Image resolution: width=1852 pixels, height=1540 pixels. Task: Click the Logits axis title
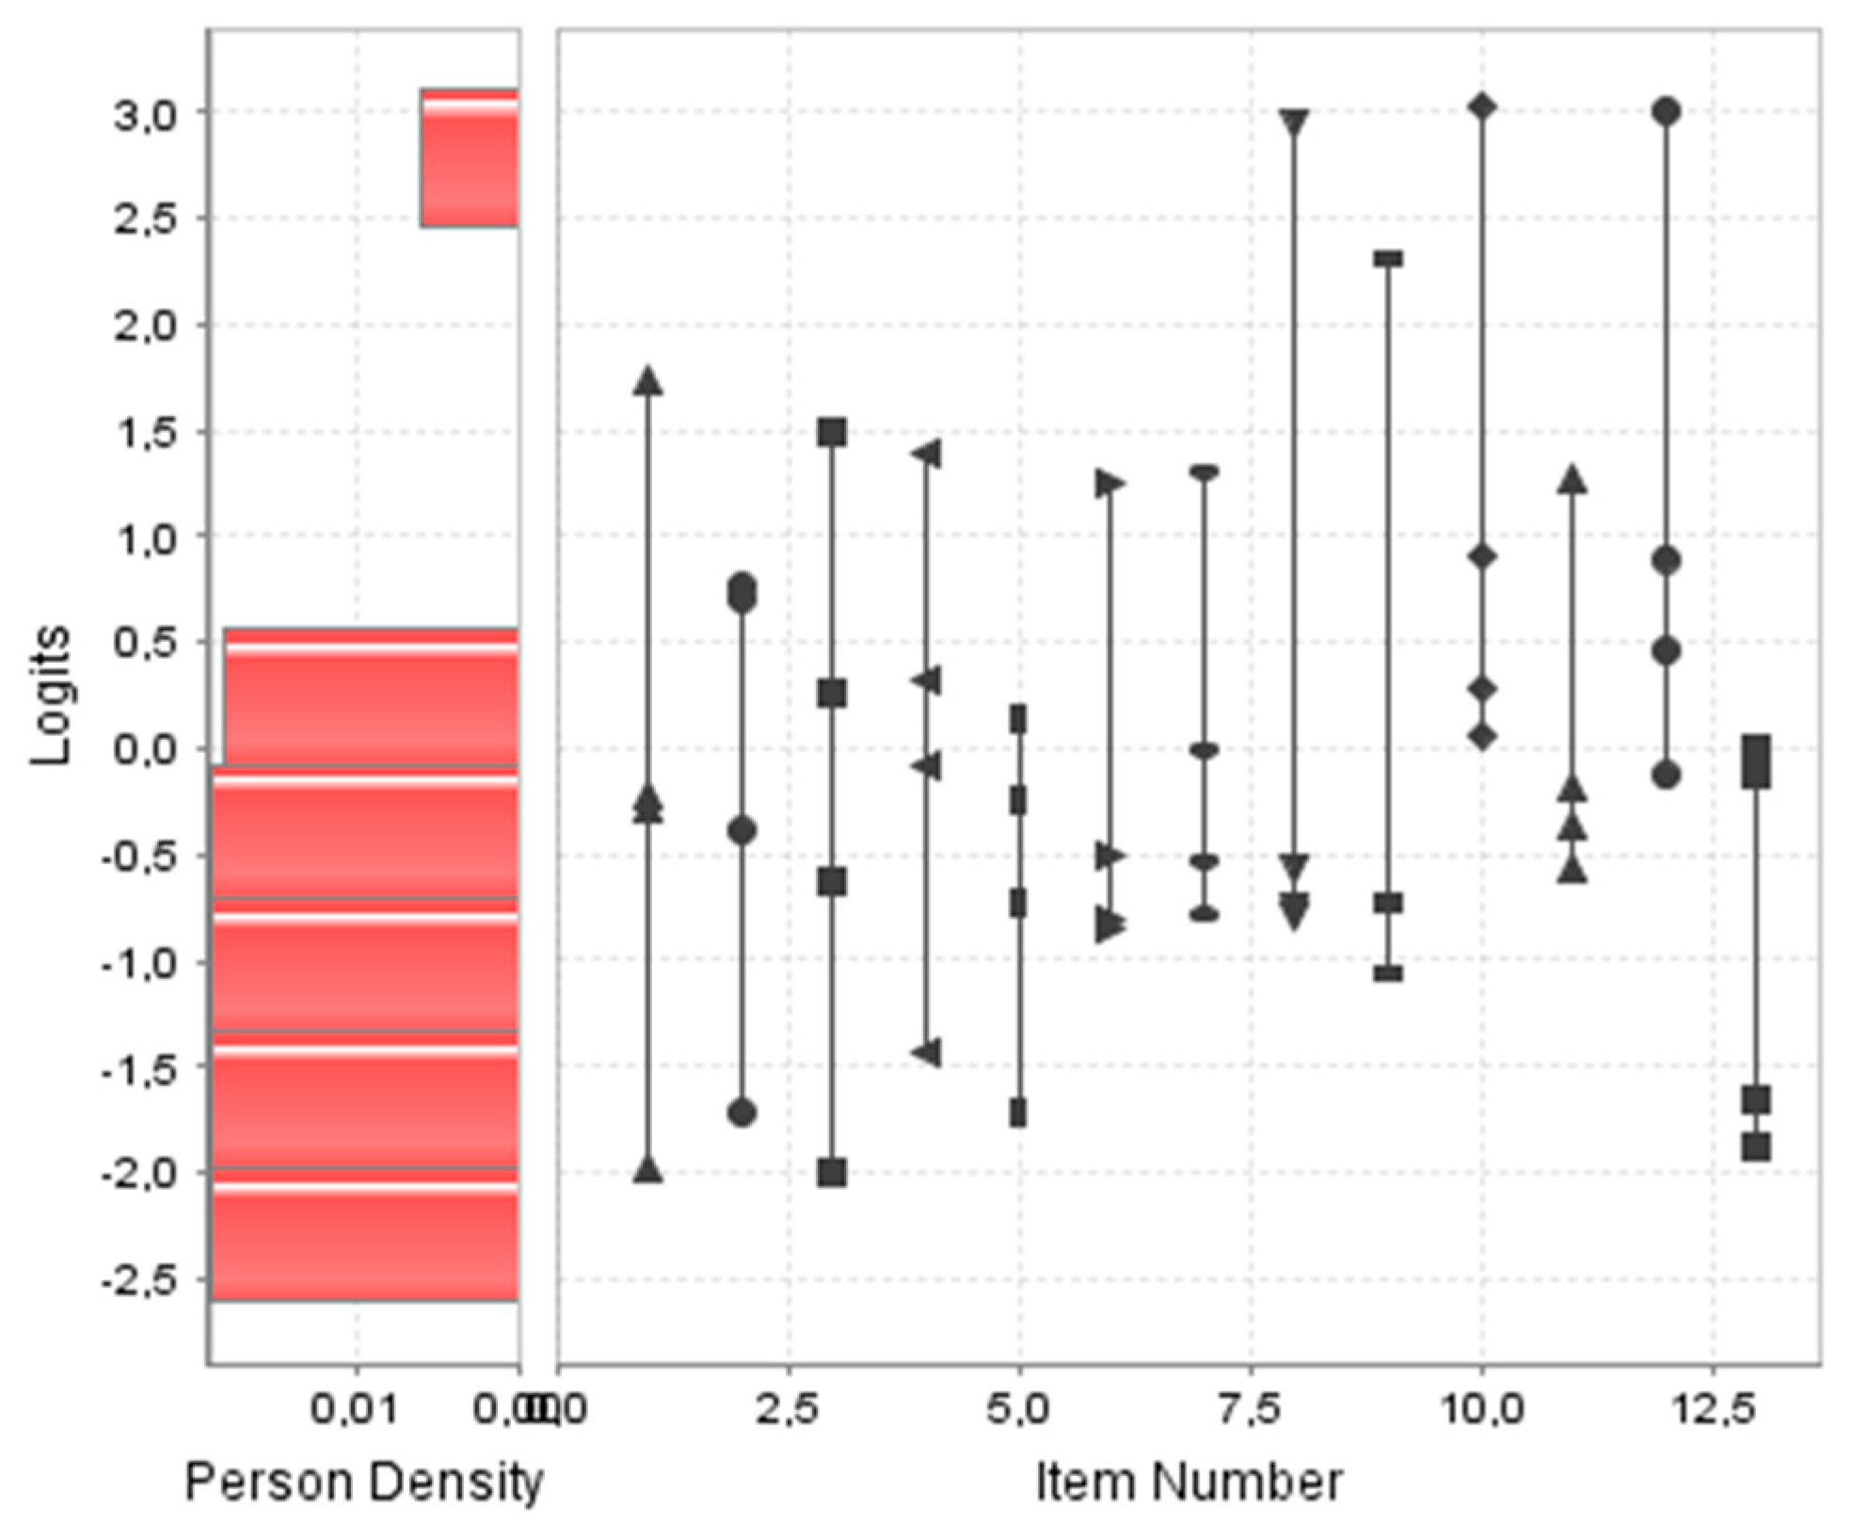(50, 696)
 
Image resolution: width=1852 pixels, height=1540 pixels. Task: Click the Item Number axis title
(1189, 1483)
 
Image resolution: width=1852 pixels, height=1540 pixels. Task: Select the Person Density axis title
(364, 1483)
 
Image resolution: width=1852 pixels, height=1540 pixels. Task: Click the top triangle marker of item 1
(648, 381)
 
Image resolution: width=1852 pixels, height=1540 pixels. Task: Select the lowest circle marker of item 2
(742, 1113)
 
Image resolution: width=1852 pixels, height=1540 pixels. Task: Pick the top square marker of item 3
(832, 433)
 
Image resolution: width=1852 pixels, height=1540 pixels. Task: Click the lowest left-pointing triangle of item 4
(927, 1052)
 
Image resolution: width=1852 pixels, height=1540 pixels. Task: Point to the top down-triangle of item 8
(1295, 122)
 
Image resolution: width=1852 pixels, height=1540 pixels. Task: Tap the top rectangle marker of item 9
(1388, 259)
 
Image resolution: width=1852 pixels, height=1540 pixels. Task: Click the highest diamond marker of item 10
(1482, 107)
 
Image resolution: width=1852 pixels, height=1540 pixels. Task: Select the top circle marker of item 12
(1667, 111)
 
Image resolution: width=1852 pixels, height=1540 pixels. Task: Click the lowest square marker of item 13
(1756, 1147)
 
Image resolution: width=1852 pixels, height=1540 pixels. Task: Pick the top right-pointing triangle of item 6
(1110, 484)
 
